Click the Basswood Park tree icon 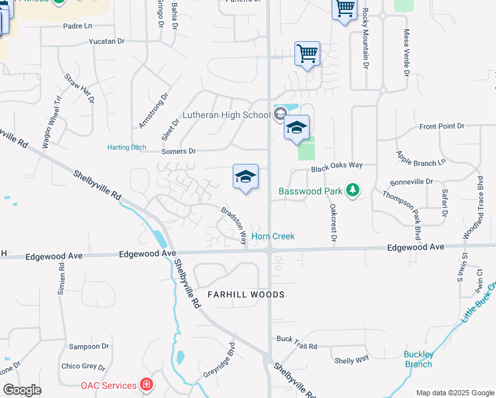[x=353, y=191]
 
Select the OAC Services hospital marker [x=147, y=385]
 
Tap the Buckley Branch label [x=418, y=359]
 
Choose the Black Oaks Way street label [x=337, y=168]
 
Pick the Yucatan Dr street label [x=107, y=41]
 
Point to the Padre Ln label [x=78, y=26]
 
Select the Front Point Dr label [x=442, y=126]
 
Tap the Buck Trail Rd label [x=297, y=346]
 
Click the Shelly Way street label [x=351, y=360]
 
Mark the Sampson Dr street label [x=89, y=346]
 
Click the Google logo [x=22, y=389]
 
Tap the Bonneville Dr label [x=411, y=181]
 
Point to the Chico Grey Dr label [x=83, y=366]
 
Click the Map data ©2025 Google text [x=455, y=393]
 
